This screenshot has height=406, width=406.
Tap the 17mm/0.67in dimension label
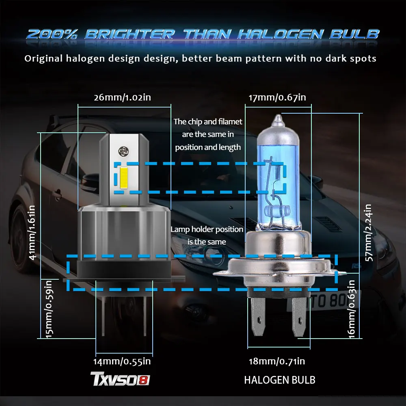tap(277, 97)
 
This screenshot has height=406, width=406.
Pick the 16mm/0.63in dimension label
tap(352, 309)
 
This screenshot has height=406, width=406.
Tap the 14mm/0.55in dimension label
tap(123, 361)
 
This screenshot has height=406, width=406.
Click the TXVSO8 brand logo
tap(120, 380)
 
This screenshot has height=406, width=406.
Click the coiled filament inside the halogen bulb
tap(279, 173)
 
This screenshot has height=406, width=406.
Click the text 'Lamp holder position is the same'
tap(207, 235)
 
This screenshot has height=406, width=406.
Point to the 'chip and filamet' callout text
tap(208, 134)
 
